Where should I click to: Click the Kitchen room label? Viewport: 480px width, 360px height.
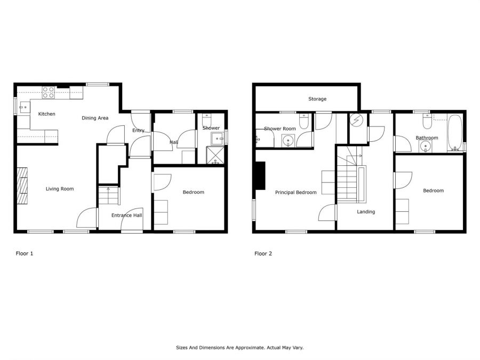tap(46, 114)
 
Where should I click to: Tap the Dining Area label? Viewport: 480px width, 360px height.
tap(95, 118)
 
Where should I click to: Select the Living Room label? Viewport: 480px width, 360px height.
tap(60, 189)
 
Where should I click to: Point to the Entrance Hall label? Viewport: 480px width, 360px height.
tap(127, 215)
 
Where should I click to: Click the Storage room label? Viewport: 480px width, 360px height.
tap(317, 99)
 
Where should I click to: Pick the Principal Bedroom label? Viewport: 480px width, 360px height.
tap(295, 193)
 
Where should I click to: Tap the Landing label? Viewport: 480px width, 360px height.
tap(366, 212)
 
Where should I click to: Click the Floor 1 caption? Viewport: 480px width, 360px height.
tap(25, 253)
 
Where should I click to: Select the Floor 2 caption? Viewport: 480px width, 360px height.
tap(263, 253)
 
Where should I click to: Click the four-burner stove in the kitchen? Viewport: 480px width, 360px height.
tap(49, 92)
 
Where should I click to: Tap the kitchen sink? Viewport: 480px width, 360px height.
tap(24, 107)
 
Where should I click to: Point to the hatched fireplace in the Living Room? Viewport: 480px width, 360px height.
tap(22, 186)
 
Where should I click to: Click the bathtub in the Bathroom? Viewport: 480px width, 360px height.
tap(455, 133)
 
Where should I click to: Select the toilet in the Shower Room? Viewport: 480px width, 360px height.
tap(303, 122)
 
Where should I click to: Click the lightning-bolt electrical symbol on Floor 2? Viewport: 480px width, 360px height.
tap(356, 120)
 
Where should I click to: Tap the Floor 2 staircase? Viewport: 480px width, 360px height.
tap(351, 175)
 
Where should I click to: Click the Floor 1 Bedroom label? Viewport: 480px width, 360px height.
tap(194, 192)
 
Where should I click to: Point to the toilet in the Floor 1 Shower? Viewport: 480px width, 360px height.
tap(207, 121)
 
